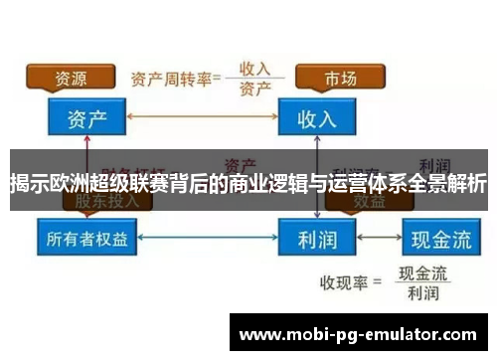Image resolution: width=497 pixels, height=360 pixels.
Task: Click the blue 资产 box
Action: pyautogui.click(x=87, y=118)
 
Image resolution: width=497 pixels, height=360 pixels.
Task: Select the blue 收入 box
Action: pyautogui.click(x=317, y=118)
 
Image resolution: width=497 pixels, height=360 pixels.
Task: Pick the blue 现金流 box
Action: pyautogui.click(x=438, y=240)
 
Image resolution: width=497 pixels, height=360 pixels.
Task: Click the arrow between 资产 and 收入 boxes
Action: pyautogui.click(x=203, y=118)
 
